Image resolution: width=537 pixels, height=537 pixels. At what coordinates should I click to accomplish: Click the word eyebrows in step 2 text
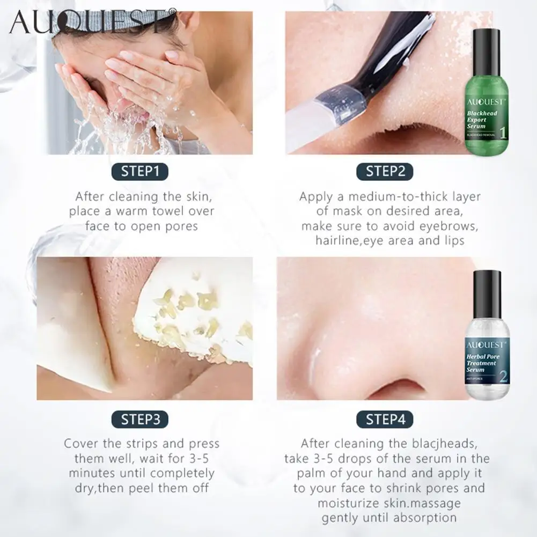[x=450, y=226]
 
